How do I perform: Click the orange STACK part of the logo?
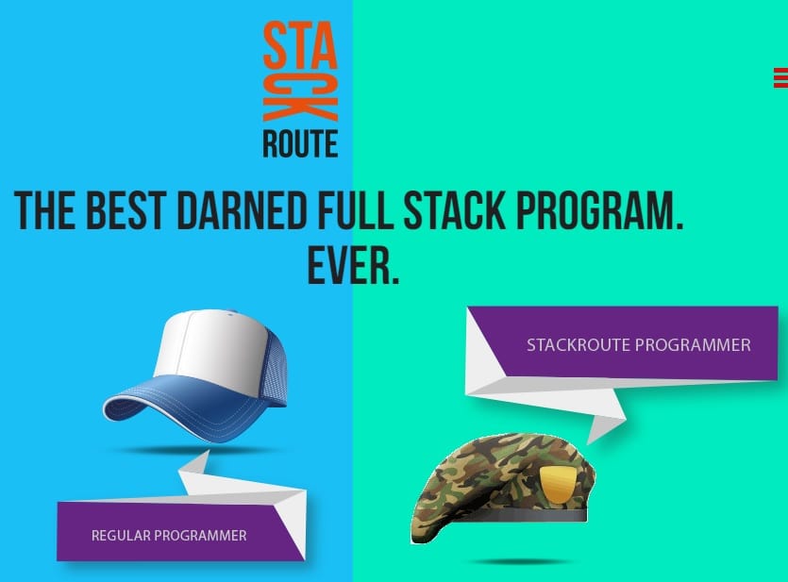[x=300, y=71]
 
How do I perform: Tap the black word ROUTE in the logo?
[x=300, y=144]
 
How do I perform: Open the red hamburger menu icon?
[x=780, y=78]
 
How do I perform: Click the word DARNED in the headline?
[x=242, y=210]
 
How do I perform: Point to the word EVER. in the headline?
[x=353, y=266]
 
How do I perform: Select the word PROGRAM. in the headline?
[x=600, y=210]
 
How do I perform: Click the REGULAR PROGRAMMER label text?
[x=169, y=535]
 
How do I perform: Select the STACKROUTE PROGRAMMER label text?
[x=639, y=345]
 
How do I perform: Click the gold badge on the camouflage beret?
[x=559, y=484]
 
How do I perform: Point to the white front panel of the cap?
[x=209, y=346]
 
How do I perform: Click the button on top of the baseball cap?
[x=231, y=313]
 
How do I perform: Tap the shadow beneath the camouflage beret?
[x=523, y=561]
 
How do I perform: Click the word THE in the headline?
[x=45, y=210]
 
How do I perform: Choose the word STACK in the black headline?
[x=454, y=210]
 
